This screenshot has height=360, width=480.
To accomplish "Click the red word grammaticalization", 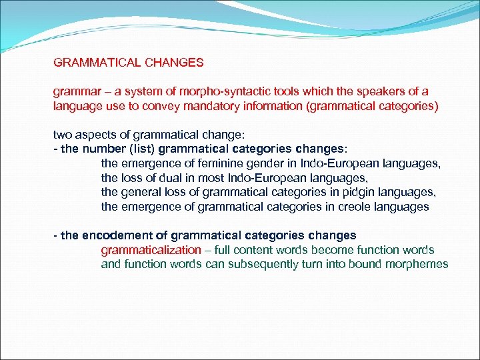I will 151,251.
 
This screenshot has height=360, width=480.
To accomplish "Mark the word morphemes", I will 415,265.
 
